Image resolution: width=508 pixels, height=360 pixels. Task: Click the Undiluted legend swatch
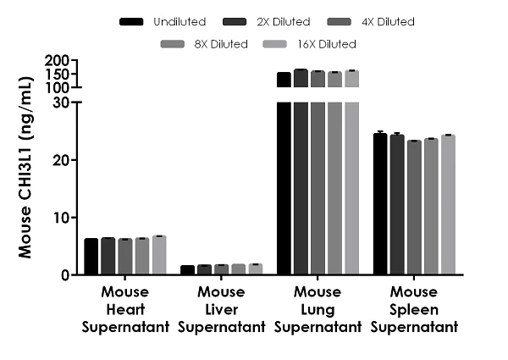[132, 19]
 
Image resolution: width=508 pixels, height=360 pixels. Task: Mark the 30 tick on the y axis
[64, 102]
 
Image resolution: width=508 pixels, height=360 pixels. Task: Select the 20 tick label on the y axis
[64, 159]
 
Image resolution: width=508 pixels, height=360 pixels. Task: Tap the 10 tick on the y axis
[64, 217]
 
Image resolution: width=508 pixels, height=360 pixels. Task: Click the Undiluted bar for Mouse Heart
[91, 257]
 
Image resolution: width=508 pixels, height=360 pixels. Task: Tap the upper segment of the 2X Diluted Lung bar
[301, 78]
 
